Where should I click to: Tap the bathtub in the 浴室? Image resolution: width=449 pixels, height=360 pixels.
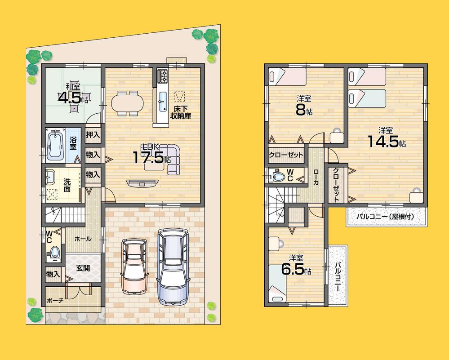click(55, 145)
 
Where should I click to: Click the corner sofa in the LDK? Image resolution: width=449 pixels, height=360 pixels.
click(171, 158)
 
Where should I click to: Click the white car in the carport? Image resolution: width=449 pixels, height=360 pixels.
click(134, 265)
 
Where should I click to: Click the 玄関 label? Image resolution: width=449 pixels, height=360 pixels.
click(83, 268)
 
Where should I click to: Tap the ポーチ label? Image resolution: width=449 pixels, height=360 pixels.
click(55, 301)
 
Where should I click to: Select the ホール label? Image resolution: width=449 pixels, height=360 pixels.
click(83, 239)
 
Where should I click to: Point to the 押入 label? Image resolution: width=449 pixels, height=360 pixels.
click(93, 134)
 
